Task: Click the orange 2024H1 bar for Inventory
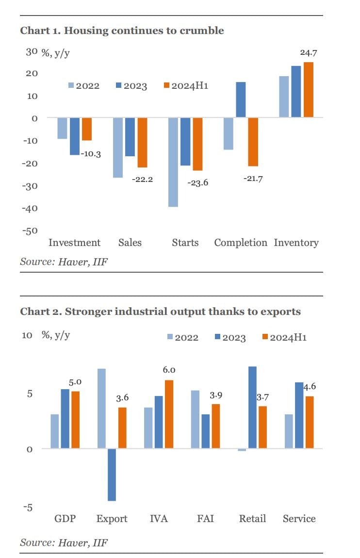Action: pyautogui.click(x=308, y=90)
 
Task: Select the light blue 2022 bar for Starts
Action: pyautogui.click(x=173, y=162)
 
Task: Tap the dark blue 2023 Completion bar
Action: pyautogui.click(x=241, y=99)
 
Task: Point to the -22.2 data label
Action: pyautogui.click(x=142, y=180)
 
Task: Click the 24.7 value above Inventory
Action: pyautogui.click(x=308, y=51)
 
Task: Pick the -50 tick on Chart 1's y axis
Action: pyautogui.click(x=29, y=230)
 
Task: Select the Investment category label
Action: pyautogui.click(x=74, y=243)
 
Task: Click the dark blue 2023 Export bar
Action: pyautogui.click(x=112, y=475)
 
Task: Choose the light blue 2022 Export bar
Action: pyautogui.click(x=101, y=409)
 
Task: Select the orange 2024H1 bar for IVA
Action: pyautogui.click(x=168, y=414)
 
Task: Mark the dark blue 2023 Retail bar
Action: pyautogui.click(x=252, y=407)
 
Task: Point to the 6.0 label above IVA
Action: pyautogui.click(x=169, y=370)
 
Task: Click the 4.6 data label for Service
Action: pyautogui.click(x=310, y=387)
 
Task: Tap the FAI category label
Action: pyautogui.click(x=206, y=519)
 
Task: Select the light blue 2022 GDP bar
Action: pyautogui.click(x=55, y=431)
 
